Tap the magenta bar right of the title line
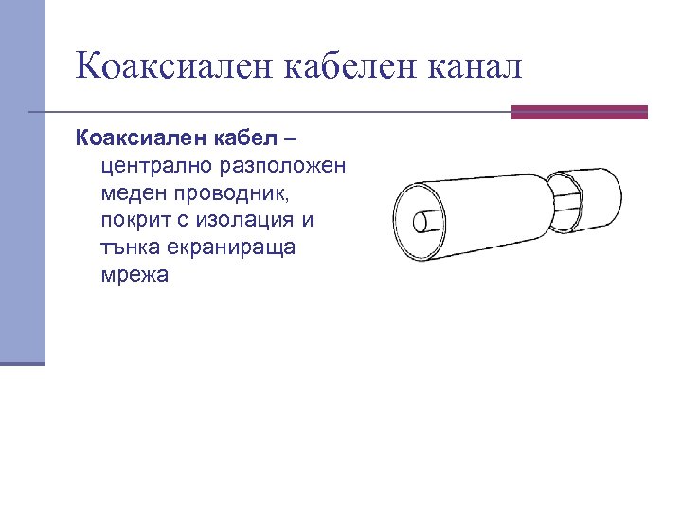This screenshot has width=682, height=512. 579,112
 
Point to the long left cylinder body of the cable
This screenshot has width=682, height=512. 483,212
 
